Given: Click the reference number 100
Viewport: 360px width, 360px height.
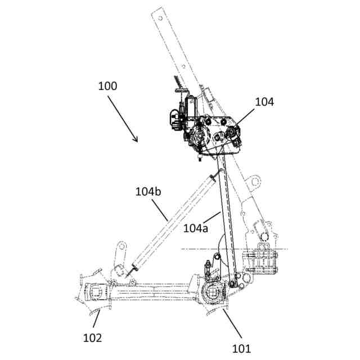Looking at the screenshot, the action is pos(107,86).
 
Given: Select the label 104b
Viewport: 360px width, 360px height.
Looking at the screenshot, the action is pos(148,191).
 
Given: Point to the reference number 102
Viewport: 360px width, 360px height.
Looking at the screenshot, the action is pos(93,338).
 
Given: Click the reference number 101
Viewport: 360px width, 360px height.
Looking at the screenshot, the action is pos(241,348).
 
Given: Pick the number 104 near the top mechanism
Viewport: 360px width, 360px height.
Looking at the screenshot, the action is pos(264,102).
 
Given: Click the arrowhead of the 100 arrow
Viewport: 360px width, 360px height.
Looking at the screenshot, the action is pos(137,141).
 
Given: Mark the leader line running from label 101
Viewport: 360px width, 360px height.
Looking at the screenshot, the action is pos(230,326).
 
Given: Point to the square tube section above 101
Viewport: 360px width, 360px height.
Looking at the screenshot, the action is pos(214,292).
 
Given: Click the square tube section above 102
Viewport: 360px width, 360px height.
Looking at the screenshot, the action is pos(96,292).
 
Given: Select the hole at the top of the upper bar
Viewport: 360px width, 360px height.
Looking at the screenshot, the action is pos(160,17).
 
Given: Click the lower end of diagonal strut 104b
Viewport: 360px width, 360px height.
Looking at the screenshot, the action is pos(133,269).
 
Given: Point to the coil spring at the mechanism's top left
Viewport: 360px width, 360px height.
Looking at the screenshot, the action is pos(179,84).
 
